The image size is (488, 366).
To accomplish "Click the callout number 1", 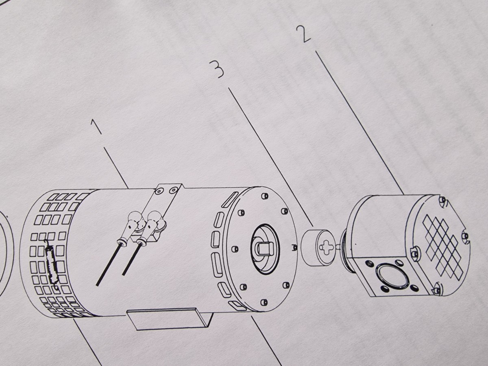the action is click(x=96, y=126).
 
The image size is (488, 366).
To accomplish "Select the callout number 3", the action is click(x=217, y=70).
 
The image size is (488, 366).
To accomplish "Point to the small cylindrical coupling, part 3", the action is click(x=317, y=247).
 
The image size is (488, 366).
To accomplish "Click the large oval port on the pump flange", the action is click(x=392, y=277).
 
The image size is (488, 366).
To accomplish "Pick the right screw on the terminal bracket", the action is click(x=173, y=190).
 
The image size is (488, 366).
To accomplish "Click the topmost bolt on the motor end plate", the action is click(x=264, y=196).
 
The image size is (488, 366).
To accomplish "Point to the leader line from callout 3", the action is click(x=271, y=157).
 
